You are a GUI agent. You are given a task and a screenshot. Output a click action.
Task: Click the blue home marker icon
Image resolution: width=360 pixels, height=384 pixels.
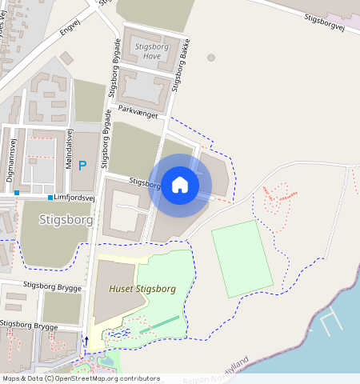180,185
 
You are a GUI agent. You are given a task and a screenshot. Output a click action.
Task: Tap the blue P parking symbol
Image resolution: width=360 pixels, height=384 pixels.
82,166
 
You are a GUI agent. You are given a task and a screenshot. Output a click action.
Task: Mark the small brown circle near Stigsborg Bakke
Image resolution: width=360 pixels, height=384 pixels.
211,58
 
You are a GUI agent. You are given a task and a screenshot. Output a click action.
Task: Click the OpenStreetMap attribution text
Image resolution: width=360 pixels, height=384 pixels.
81,378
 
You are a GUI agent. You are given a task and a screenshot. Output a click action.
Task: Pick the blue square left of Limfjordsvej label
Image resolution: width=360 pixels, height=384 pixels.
50,197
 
